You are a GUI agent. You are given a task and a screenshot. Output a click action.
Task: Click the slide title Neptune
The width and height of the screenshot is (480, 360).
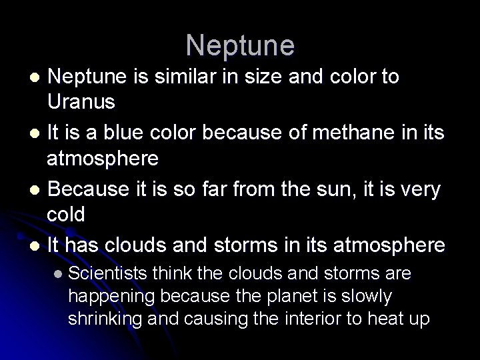[x=240, y=45]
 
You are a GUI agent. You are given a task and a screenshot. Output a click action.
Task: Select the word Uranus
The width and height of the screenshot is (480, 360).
[x=81, y=103]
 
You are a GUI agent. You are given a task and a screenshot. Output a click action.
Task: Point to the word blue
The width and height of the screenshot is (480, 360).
[x=132, y=133]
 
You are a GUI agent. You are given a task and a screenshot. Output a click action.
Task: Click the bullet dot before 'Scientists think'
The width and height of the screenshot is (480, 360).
[x=58, y=274]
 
